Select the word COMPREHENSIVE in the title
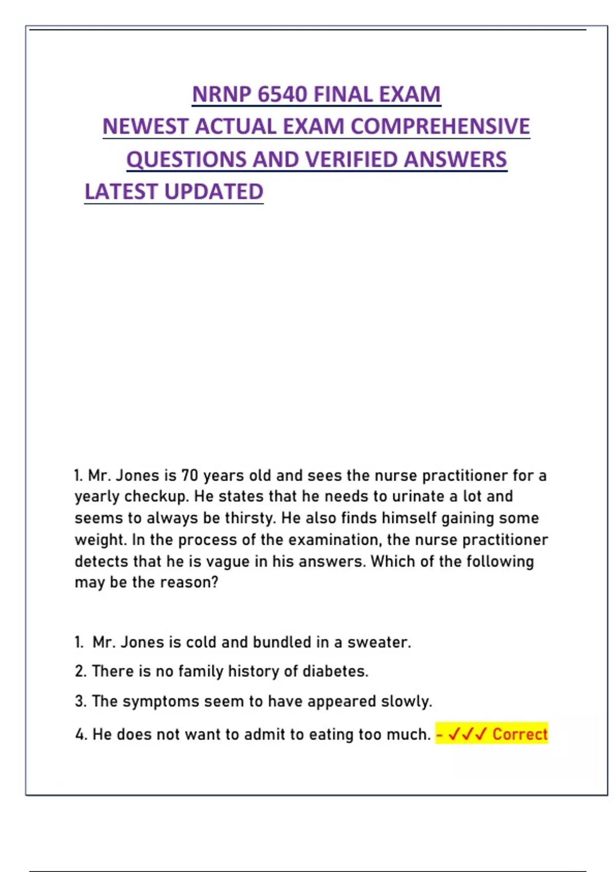click(x=440, y=127)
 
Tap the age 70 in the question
click(x=189, y=475)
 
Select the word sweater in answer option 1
click(x=379, y=642)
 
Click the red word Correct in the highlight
click(x=520, y=734)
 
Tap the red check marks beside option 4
click(x=467, y=734)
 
